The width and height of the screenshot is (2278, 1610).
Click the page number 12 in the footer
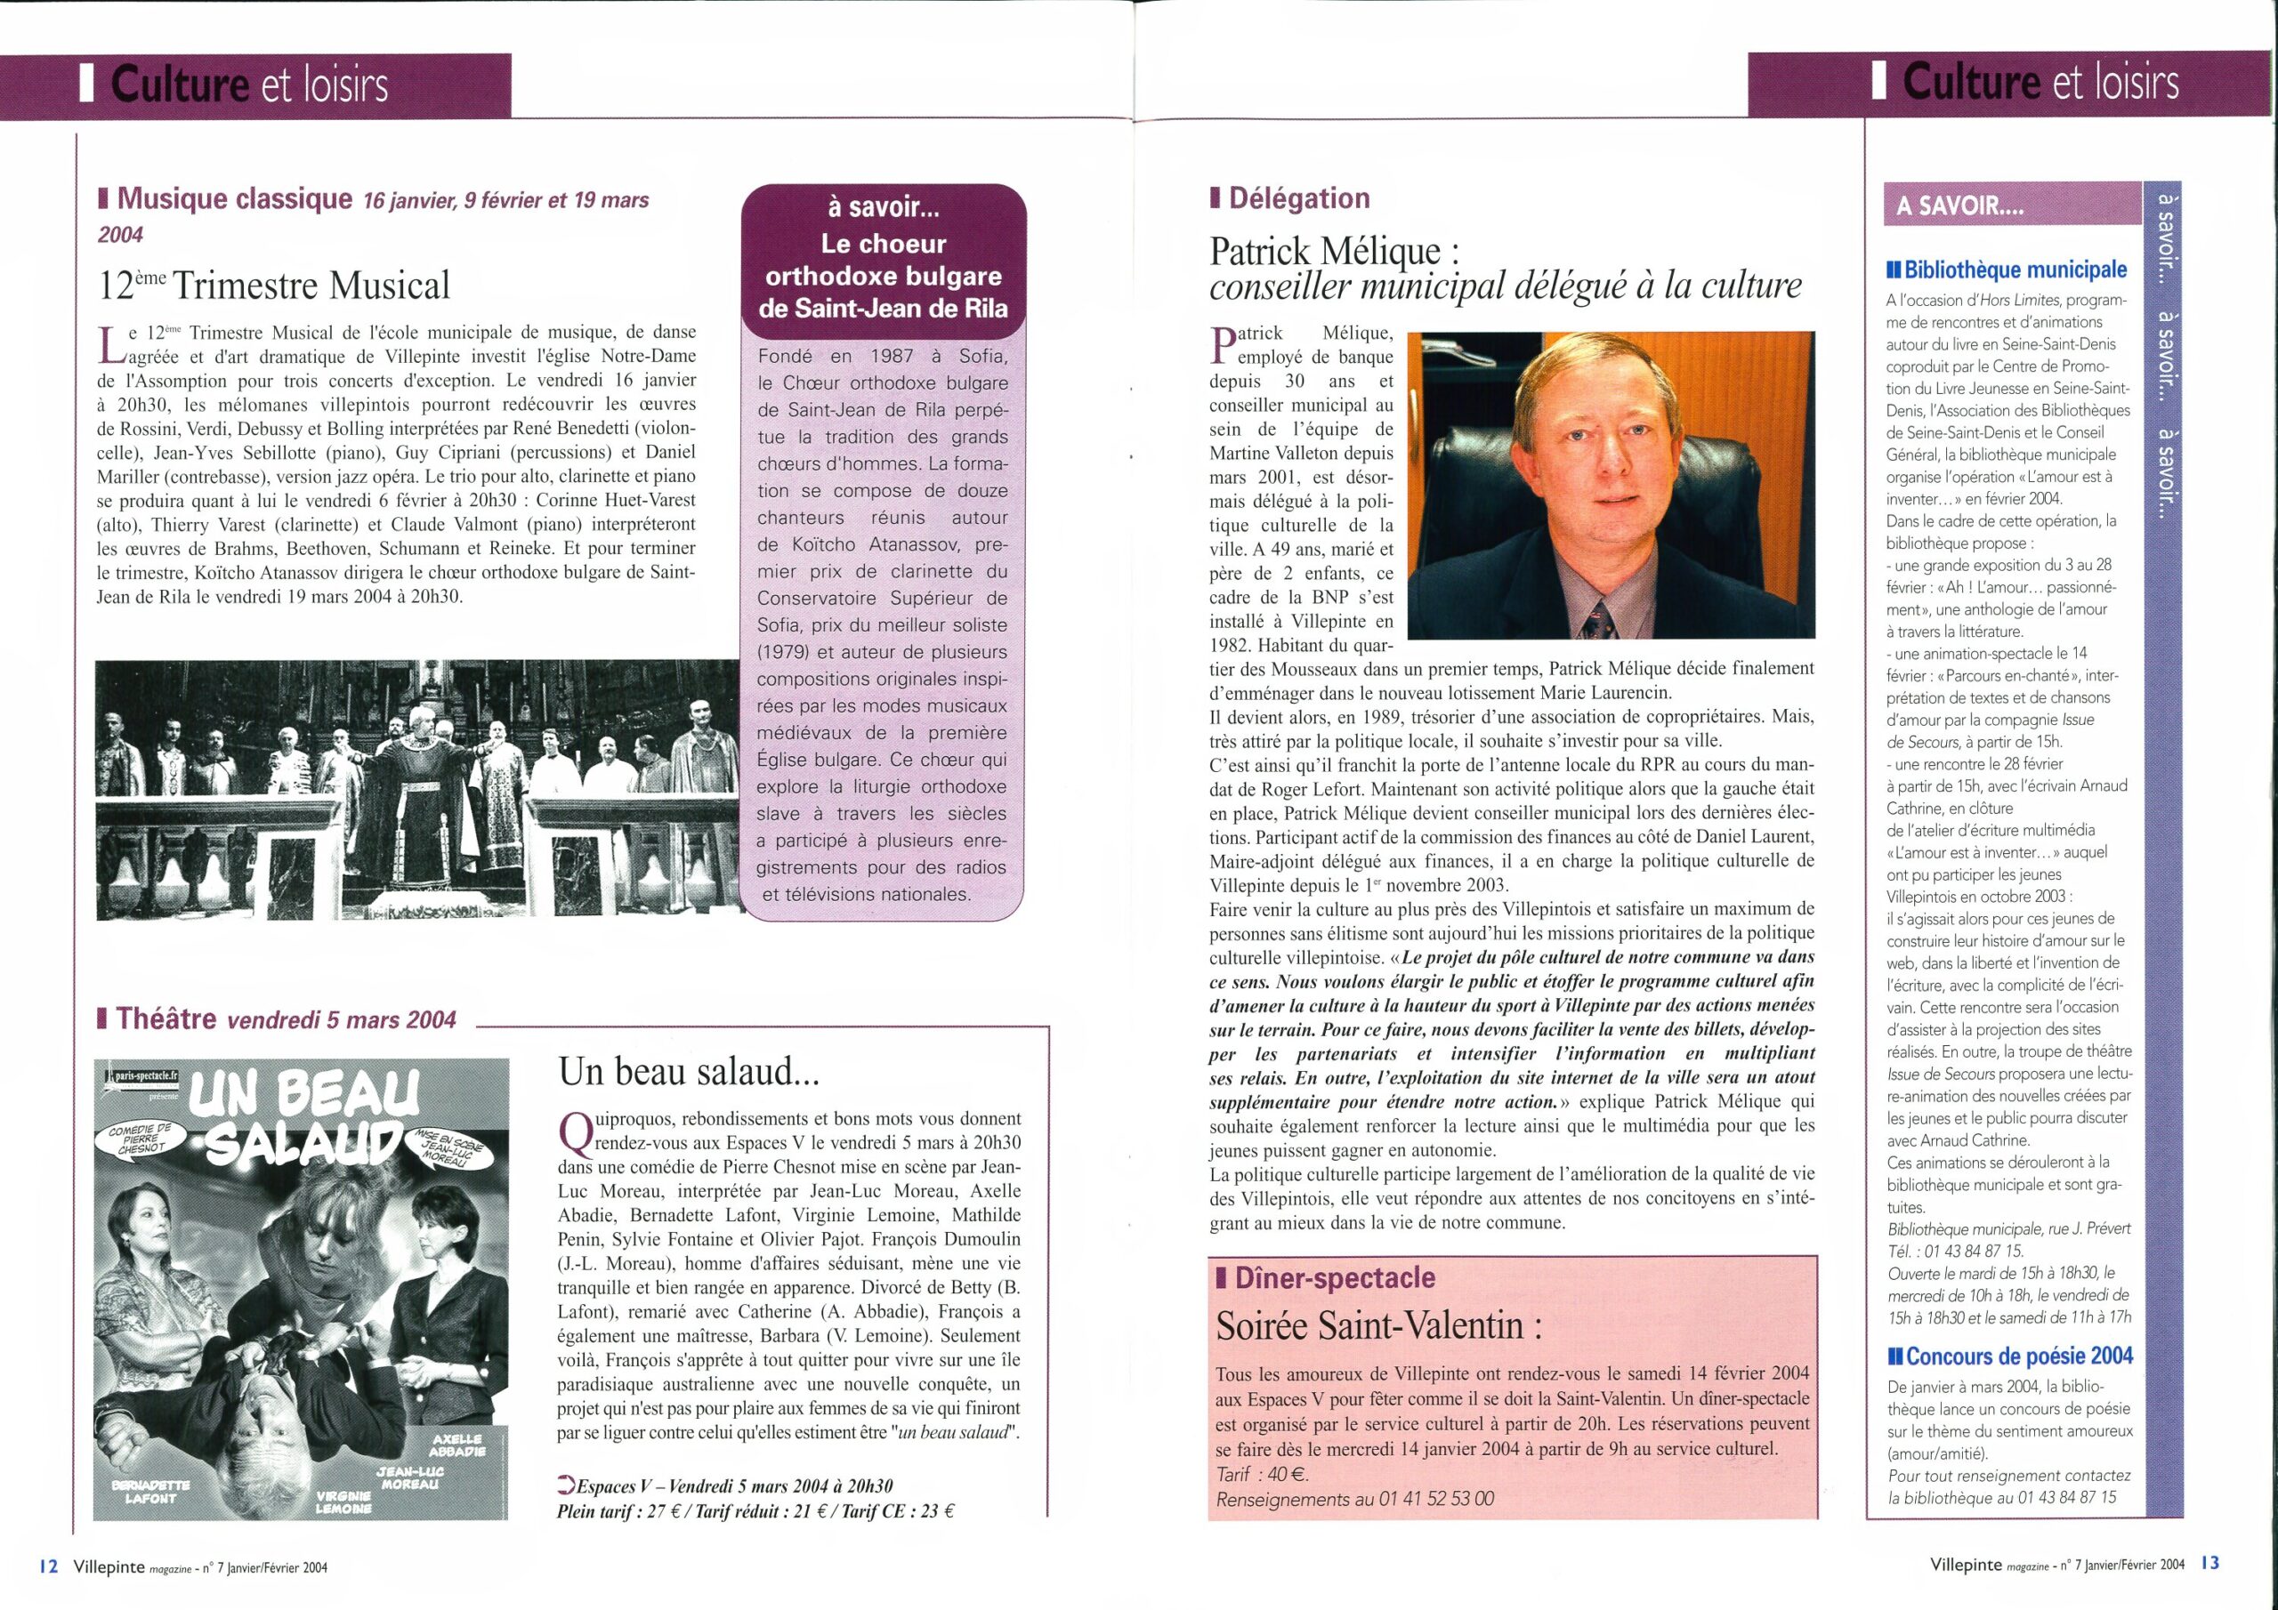49,1566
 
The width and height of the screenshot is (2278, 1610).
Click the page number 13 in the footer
2209,1562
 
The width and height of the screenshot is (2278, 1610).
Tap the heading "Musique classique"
233,199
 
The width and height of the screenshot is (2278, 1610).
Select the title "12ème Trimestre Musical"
274,286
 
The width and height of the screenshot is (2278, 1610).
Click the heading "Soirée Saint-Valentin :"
1378,1326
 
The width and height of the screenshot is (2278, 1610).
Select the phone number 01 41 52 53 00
1435,1499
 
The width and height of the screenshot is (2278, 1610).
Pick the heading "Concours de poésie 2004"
2012,1356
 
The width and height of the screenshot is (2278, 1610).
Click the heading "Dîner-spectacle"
1334,1277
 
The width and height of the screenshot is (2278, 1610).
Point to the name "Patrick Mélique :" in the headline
1336,251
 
